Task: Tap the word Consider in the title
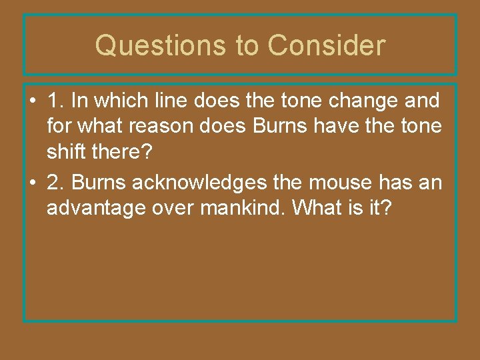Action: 327,46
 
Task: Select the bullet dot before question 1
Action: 33,102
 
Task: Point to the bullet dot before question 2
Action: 33,183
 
